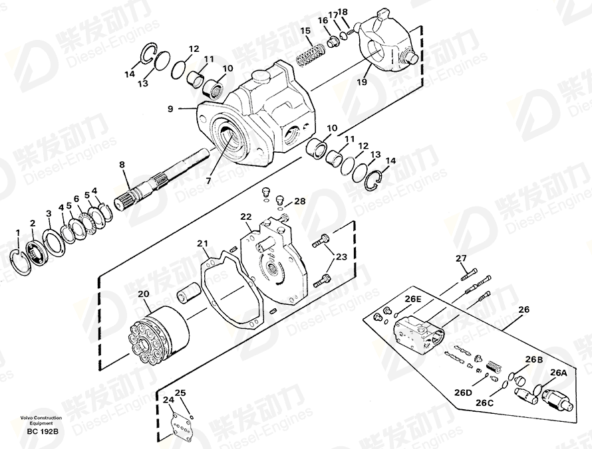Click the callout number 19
pos(362,82)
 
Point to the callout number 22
pos(246,217)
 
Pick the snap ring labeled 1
pos(20,262)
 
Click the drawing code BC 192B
pos(43,432)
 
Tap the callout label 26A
pos(559,373)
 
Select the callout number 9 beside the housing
pos(170,109)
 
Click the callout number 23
pos(341,257)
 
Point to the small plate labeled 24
pos(180,424)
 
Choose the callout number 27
pos(461,258)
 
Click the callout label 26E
pos(413,299)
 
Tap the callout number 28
pos(300,201)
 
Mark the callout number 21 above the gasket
pos(202,244)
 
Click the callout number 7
pos(209,181)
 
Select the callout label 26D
pos(463,393)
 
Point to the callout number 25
pos(180,393)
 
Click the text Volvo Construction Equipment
pos(41,420)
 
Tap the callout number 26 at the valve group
pos(523,310)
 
